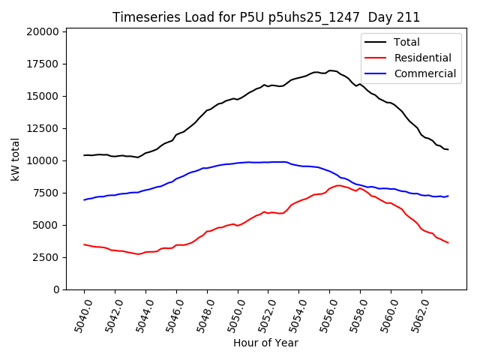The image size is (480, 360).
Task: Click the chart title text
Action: point(266,17)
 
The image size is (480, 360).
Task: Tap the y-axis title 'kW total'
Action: point(15,160)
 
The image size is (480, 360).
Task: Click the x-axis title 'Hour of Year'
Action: point(265,343)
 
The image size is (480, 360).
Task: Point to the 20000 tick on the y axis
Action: point(43,31)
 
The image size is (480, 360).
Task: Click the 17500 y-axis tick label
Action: point(43,64)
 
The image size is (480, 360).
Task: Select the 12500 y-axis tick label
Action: point(43,128)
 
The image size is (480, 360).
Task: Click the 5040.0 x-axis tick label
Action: point(78,315)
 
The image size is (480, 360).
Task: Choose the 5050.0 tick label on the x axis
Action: point(232,315)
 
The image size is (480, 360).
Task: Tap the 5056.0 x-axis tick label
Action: point(323,315)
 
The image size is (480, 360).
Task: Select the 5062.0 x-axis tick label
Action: point(415,315)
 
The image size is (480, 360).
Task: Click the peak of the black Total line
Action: point(330,70)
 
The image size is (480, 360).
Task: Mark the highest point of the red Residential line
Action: point(339,185)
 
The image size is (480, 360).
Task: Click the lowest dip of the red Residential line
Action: point(138,254)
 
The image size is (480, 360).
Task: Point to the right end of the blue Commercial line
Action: point(448,196)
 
